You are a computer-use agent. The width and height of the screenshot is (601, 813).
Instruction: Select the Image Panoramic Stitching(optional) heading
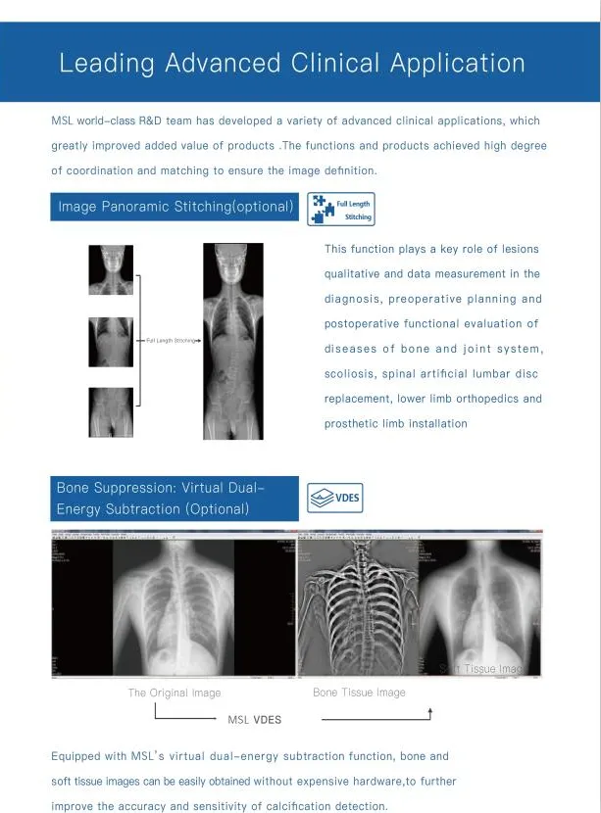[175, 207]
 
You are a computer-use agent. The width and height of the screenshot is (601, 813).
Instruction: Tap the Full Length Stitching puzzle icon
[340, 209]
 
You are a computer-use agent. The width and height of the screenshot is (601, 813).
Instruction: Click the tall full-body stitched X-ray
[233, 341]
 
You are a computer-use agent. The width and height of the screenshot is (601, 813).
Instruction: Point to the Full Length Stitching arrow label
[173, 341]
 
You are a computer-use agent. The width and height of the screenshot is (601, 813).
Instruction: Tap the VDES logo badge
[334, 498]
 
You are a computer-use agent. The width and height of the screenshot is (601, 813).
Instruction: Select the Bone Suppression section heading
[161, 499]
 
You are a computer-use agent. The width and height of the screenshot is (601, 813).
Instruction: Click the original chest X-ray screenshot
[174, 605]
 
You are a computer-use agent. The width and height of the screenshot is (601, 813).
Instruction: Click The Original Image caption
[175, 693]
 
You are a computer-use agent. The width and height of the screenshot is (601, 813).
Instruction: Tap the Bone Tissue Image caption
[359, 693]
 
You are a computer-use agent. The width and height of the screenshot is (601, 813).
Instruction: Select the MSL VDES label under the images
[254, 720]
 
